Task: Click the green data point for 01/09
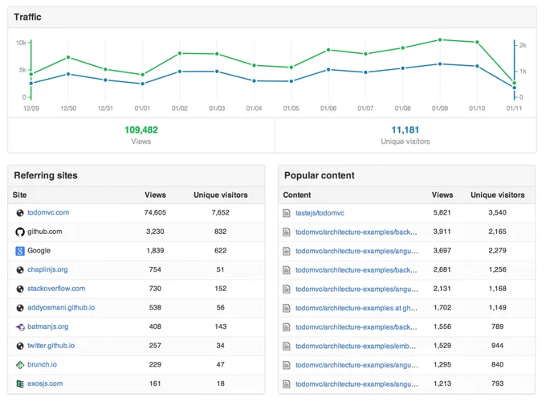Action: pos(440,39)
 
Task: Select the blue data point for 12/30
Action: pos(68,74)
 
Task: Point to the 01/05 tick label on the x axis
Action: pos(291,109)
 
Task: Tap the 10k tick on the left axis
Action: pos(21,43)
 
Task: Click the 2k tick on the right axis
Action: pos(523,45)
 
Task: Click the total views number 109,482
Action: pos(141,130)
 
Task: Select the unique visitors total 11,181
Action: pos(405,130)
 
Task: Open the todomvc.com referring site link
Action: pos(48,212)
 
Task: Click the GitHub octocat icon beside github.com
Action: pos(20,232)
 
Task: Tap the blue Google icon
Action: pos(20,251)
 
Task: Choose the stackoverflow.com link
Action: pos(56,289)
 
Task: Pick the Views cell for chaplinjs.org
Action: pos(155,269)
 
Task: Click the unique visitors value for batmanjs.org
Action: pos(221,326)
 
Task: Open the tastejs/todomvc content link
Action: pos(320,213)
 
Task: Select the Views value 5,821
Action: pos(442,212)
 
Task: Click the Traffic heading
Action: pos(27,17)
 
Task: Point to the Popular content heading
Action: pos(320,175)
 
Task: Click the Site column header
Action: pos(19,195)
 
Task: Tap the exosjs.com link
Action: pos(45,384)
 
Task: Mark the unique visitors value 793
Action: pos(497,384)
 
